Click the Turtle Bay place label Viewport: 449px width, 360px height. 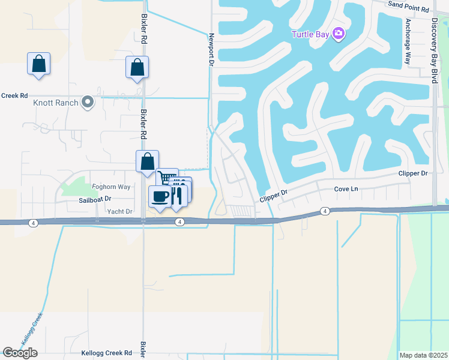pyautogui.click(x=310, y=34)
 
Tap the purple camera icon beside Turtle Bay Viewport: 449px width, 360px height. pyautogui.click(x=339, y=34)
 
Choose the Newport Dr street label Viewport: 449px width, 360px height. pyautogui.click(x=211, y=49)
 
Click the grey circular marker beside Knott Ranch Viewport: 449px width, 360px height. pyautogui.click(x=88, y=102)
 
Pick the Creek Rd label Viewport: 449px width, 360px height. pyautogui.click(x=14, y=95)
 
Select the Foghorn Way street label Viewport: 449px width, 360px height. pyautogui.click(x=111, y=187)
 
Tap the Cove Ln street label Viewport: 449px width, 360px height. pyautogui.click(x=346, y=189)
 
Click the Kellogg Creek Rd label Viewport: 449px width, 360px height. pyautogui.click(x=107, y=353)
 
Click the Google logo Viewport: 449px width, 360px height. pyautogui.click(x=20, y=352)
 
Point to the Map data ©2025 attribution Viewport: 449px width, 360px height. pyautogui.click(x=423, y=355)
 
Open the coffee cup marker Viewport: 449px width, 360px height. pyautogui.click(x=160, y=196)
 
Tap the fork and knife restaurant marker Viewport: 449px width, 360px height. pyautogui.click(x=178, y=196)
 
